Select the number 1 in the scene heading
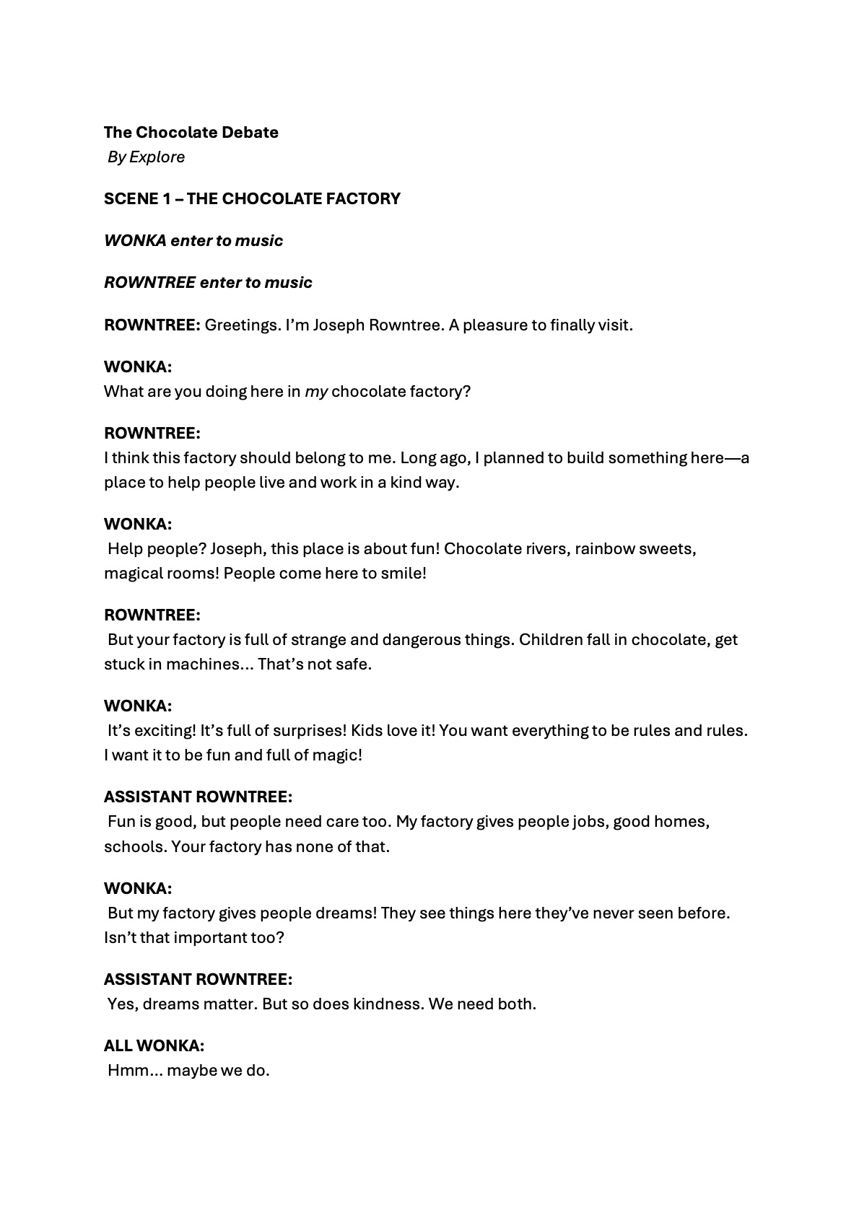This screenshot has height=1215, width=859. tap(167, 199)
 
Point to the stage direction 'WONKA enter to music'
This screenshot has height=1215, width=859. tap(193, 241)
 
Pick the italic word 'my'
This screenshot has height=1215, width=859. tap(316, 392)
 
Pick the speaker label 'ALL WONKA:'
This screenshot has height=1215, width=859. tap(154, 1046)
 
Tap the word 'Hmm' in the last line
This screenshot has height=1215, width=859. tap(126, 1071)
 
